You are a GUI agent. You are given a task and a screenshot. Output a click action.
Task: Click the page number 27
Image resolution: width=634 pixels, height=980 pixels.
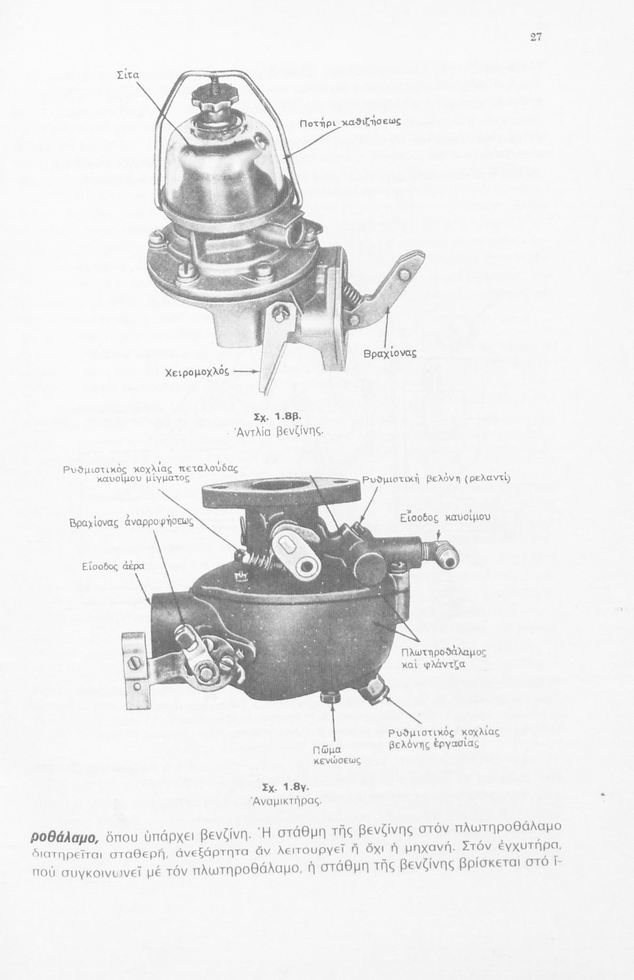pyautogui.click(x=536, y=37)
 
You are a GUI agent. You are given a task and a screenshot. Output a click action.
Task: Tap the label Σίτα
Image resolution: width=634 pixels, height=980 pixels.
pyautogui.click(x=128, y=75)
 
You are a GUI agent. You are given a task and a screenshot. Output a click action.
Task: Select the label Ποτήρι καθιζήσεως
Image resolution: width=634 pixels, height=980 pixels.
pyautogui.click(x=350, y=123)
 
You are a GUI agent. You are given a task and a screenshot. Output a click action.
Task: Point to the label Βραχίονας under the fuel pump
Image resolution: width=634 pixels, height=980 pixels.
pyautogui.click(x=390, y=352)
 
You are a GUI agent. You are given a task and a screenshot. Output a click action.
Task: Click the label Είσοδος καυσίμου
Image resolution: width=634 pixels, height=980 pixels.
pyautogui.click(x=445, y=517)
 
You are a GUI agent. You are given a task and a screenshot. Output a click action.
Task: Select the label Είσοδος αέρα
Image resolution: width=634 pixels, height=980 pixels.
pyautogui.click(x=113, y=566)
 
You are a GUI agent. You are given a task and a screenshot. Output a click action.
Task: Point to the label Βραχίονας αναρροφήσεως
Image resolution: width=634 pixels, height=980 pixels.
pyautogui.click(x=132, y=523)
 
